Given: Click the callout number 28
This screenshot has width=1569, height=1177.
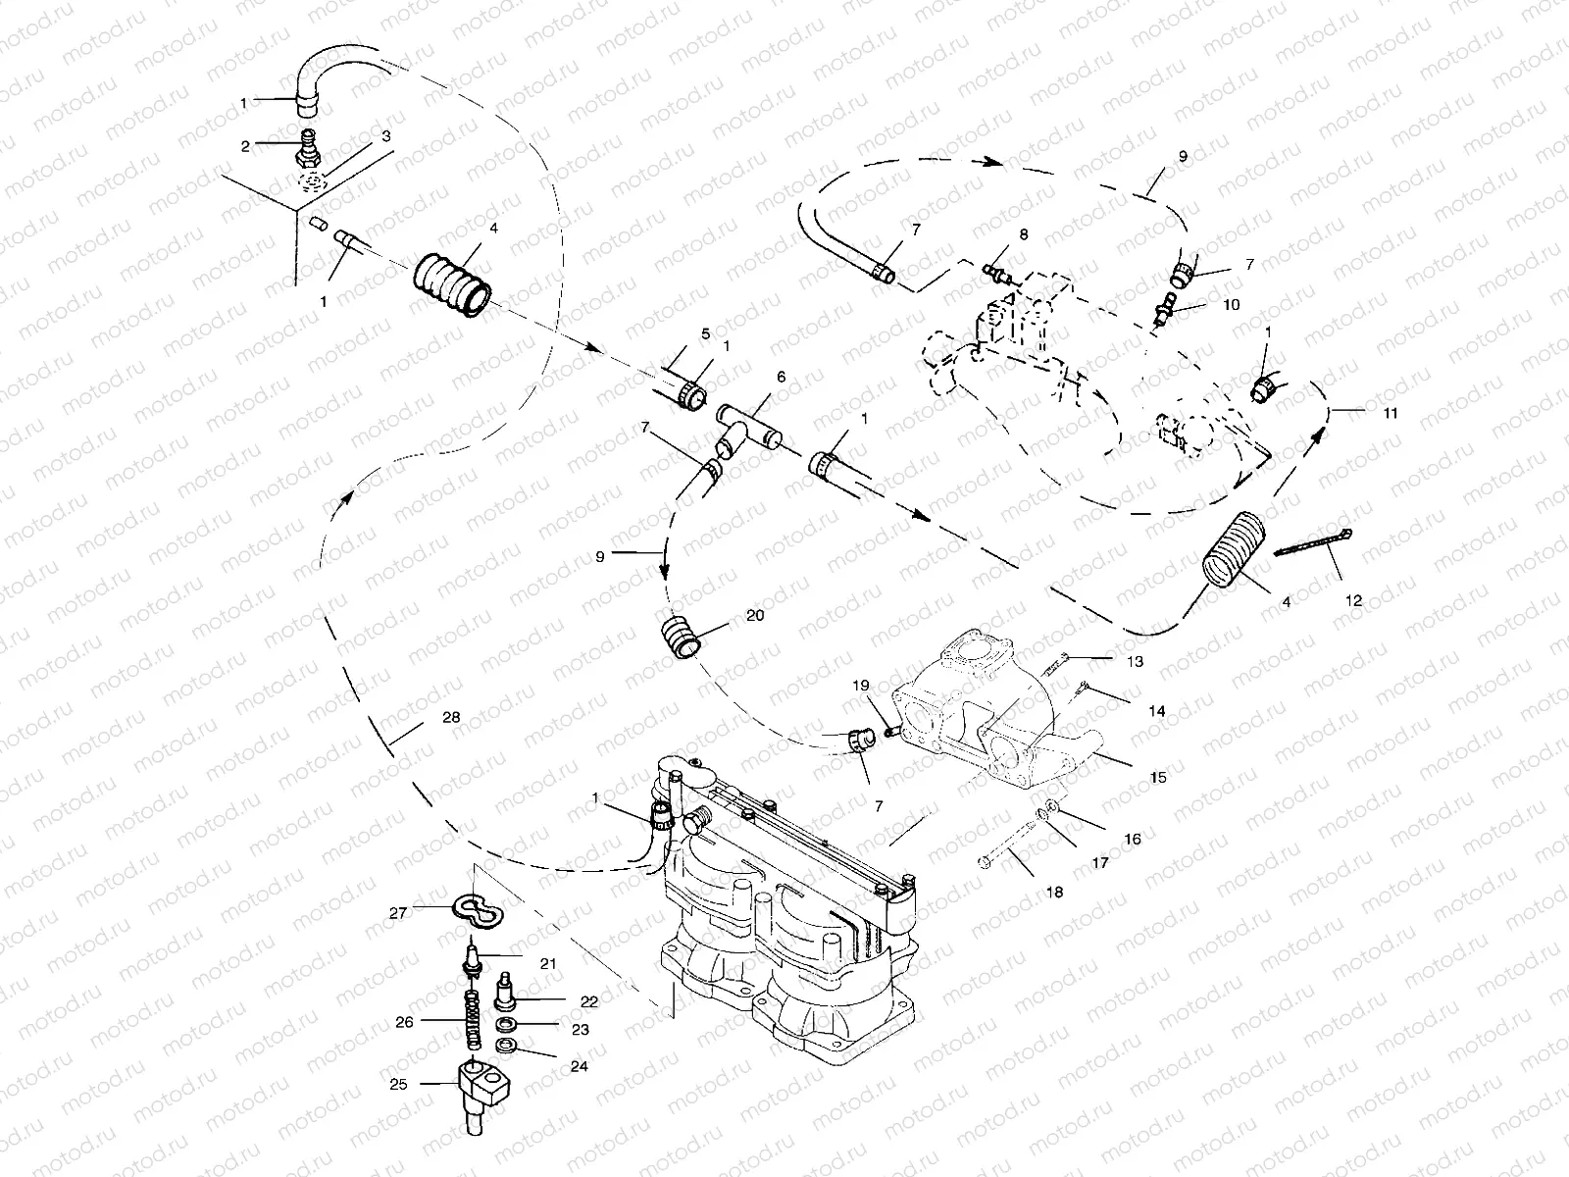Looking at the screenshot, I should (x=450, y=718).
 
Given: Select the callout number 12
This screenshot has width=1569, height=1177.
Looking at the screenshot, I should (x=1354, y=600).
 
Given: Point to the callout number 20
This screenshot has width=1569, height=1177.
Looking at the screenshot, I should (x=755, y=616).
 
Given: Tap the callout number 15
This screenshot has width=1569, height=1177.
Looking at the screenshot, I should (x=1158, y=777).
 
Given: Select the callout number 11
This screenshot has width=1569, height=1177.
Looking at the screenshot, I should (x=1391, y=413).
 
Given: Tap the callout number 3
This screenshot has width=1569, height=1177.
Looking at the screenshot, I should (x=386, y=136).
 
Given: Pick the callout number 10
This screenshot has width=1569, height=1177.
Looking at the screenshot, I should (x=1231, y=304).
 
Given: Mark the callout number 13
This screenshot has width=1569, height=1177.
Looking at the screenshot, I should (x=1135, y=662).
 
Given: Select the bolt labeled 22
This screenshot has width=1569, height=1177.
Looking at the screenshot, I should (x=507, y=989).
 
